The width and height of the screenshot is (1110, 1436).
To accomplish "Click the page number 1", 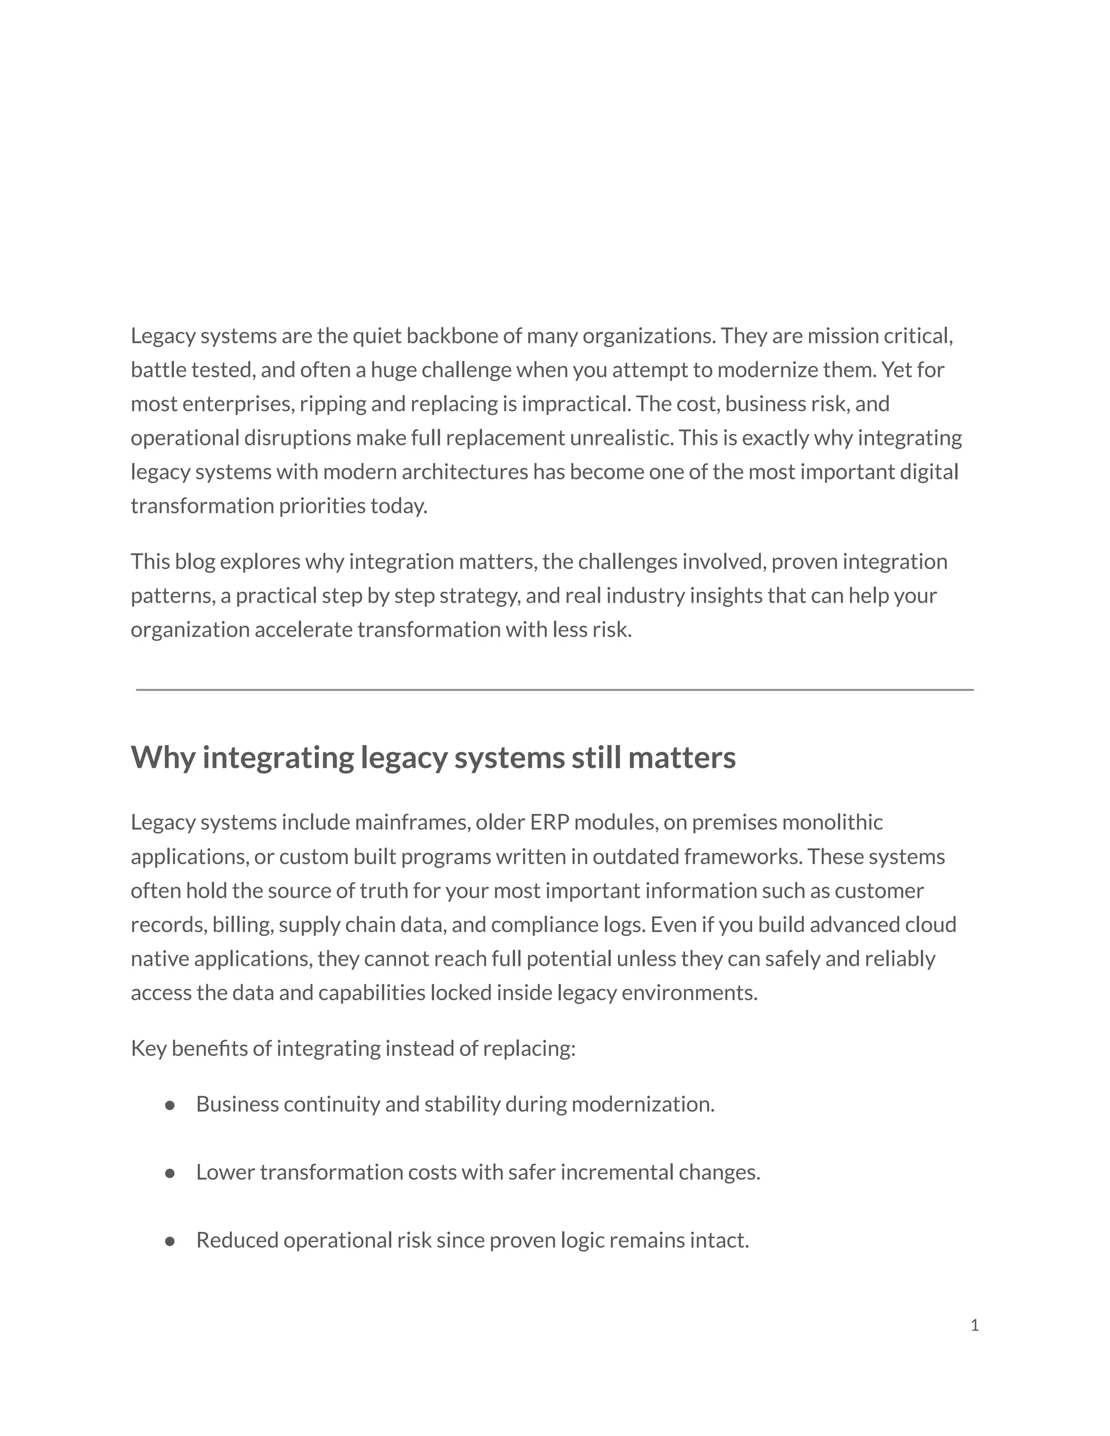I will click(975, 1325).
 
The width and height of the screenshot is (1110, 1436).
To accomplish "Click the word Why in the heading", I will click(163, 758).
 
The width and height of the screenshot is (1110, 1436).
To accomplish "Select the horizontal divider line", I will click(554, 690).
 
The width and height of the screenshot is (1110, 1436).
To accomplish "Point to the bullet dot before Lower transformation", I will click(170, 1174).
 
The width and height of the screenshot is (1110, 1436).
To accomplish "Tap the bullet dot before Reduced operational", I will click(170, 1241).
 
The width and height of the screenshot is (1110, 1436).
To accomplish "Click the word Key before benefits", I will click(149, 1048).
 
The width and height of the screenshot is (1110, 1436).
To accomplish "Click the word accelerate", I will click(303, 630).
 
